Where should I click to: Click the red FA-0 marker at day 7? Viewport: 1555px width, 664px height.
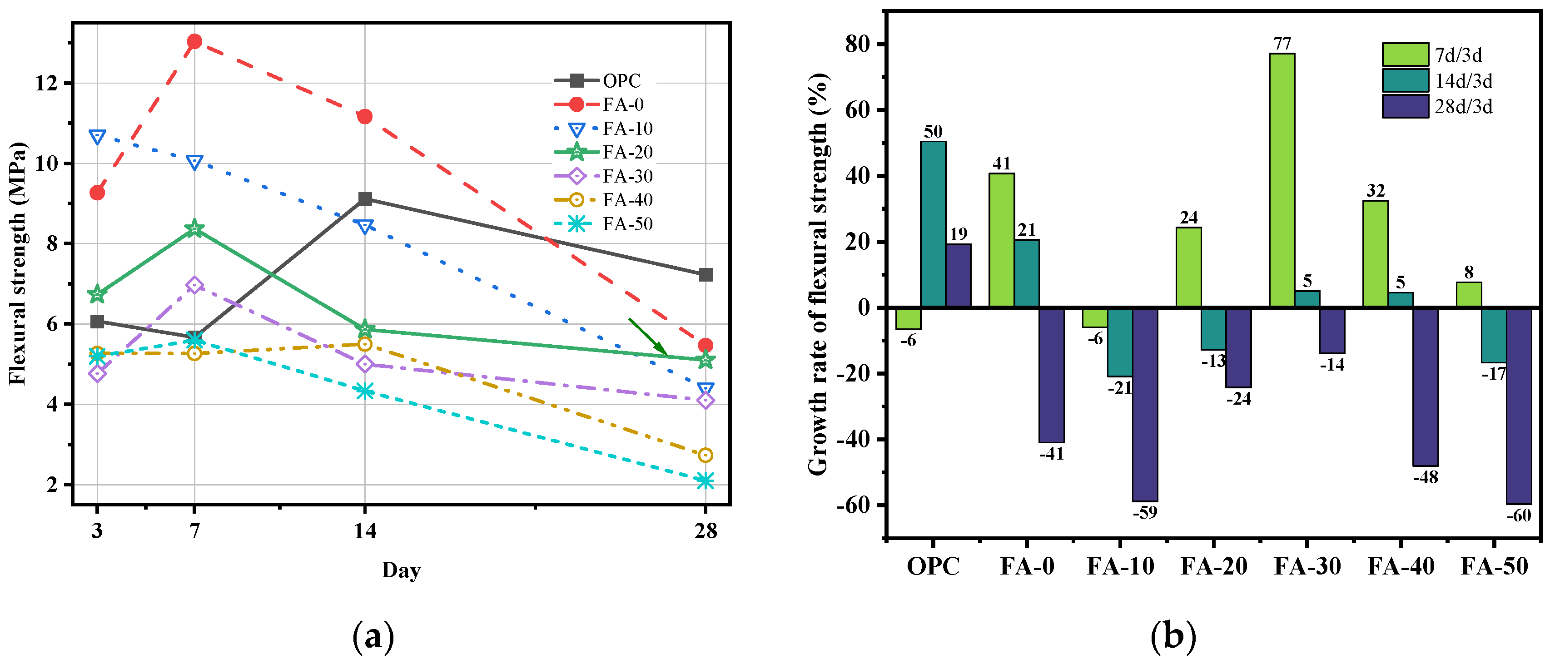(x=194, y=42)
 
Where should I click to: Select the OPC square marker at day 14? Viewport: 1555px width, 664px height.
(x=365, y=198)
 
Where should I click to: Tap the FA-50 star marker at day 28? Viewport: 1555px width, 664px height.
(x=705, y=481)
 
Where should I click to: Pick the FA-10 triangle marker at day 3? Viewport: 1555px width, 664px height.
(x=97, y=137)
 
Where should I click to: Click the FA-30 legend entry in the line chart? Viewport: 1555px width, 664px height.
(x=604, y=176)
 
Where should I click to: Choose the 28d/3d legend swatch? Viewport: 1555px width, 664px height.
(x=1405, y=106)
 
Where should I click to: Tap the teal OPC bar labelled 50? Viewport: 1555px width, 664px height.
(x=933, y=224)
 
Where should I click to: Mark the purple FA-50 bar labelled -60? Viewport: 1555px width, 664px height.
(x=1519, y=406)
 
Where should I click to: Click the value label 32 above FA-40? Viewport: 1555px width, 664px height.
(x=1375, y=191)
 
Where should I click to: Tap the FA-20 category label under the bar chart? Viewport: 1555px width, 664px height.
(x=1214, y=566)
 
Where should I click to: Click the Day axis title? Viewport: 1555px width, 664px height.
(x=401, y=570)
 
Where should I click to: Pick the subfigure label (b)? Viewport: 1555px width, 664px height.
(x=1173, y=636)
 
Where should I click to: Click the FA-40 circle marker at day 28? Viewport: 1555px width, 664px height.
(x=705, y=455)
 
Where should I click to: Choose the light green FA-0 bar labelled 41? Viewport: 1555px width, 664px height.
(x=1001, y=240)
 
